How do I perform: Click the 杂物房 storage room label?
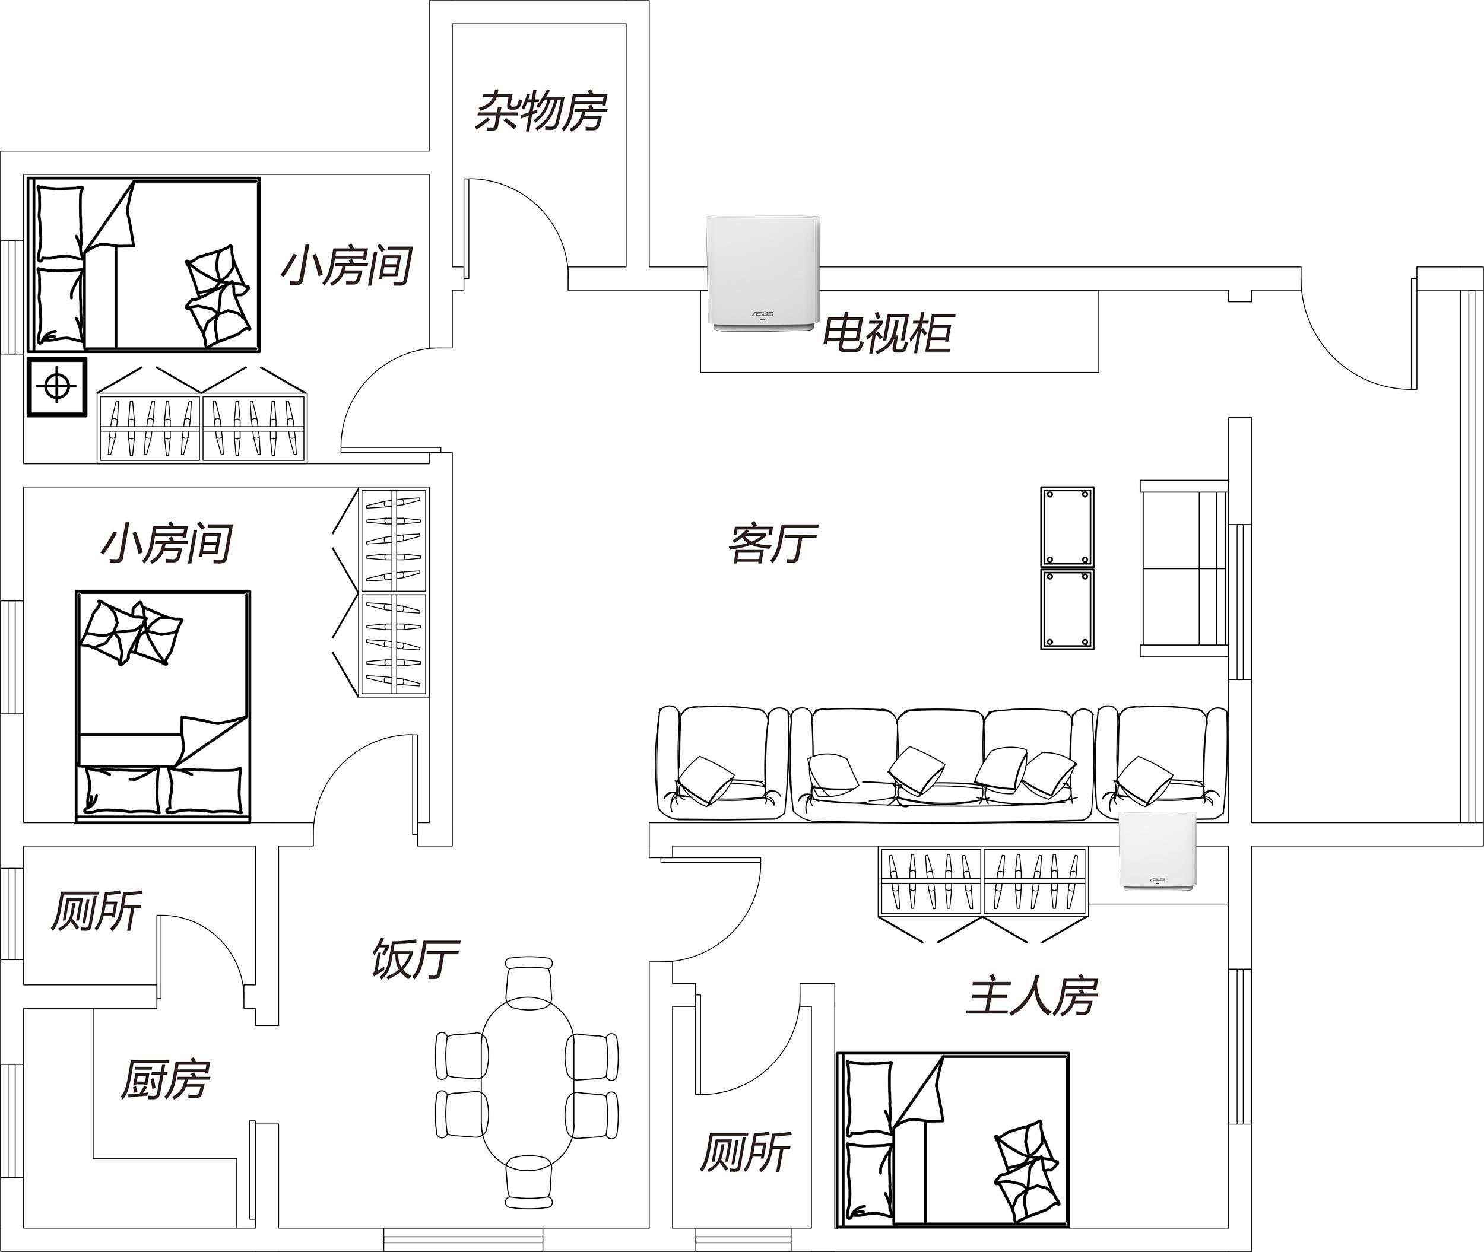541,112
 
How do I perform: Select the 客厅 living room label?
772,544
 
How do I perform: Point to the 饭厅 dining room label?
416,959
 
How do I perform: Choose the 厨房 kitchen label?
166,1081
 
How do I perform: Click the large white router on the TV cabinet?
763,274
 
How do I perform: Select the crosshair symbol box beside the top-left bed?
58,387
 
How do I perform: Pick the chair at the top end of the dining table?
529,980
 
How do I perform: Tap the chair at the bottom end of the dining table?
529,1182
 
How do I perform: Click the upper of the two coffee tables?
1067,527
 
